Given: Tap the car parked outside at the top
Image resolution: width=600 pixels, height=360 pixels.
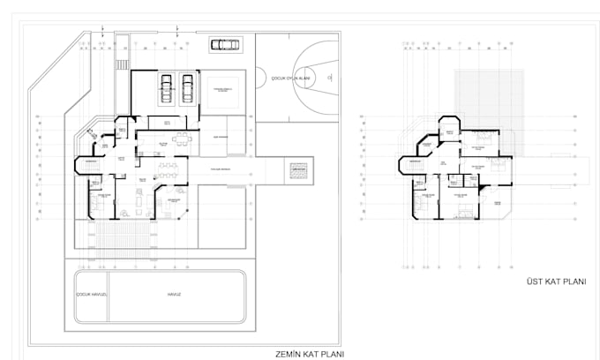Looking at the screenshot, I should pyautogui.click(x=224, y=44).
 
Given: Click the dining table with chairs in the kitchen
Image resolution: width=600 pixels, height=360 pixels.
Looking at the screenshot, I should pyautogui.click(x=182, y=138).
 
